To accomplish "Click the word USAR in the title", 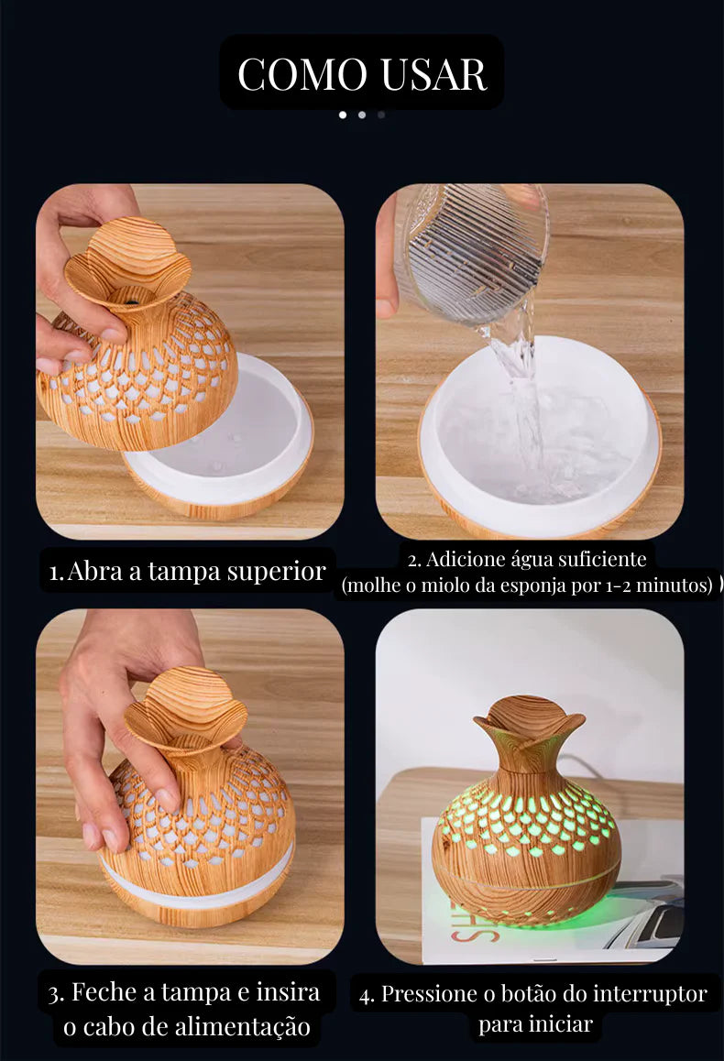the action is tap(433, 73).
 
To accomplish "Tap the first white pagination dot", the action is tap(343, 115).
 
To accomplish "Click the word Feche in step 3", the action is tap(104, 992).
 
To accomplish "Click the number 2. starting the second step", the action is tap(415, 560).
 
